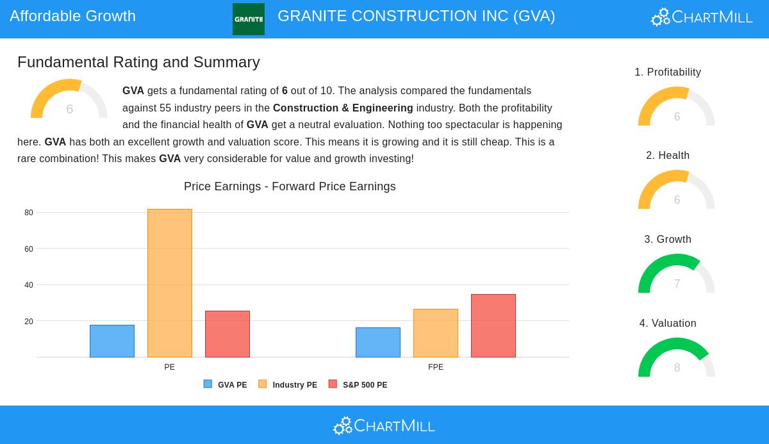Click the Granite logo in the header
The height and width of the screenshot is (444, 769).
click(249, 19)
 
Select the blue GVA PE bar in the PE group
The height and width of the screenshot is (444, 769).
click(112, 341)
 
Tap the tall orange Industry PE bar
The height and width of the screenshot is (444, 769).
click(170, 283)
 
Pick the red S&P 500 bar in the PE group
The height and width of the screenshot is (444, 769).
click(227, 334)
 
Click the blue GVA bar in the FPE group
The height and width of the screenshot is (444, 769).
click(378, 342)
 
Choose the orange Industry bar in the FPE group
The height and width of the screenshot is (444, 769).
click(436, 333)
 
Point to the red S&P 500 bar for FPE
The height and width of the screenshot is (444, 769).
click(493, 325)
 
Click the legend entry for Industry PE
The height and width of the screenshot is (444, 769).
click(288, 385)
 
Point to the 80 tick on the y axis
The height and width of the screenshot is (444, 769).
click(29, 213)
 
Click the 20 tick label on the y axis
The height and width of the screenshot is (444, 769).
click(29, 322)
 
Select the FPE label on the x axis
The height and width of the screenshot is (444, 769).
click(436, 367)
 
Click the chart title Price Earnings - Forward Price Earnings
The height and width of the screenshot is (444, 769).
click(290, 186)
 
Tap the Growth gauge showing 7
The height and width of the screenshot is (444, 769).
click(677, 275)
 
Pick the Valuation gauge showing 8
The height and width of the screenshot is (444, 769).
click(677, 359)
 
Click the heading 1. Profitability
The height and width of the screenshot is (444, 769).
click(668, 72)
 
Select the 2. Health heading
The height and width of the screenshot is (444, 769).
click(668, 156)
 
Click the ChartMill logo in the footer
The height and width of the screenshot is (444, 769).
click(384, 425)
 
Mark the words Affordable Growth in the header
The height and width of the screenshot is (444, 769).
click(73, 16)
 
